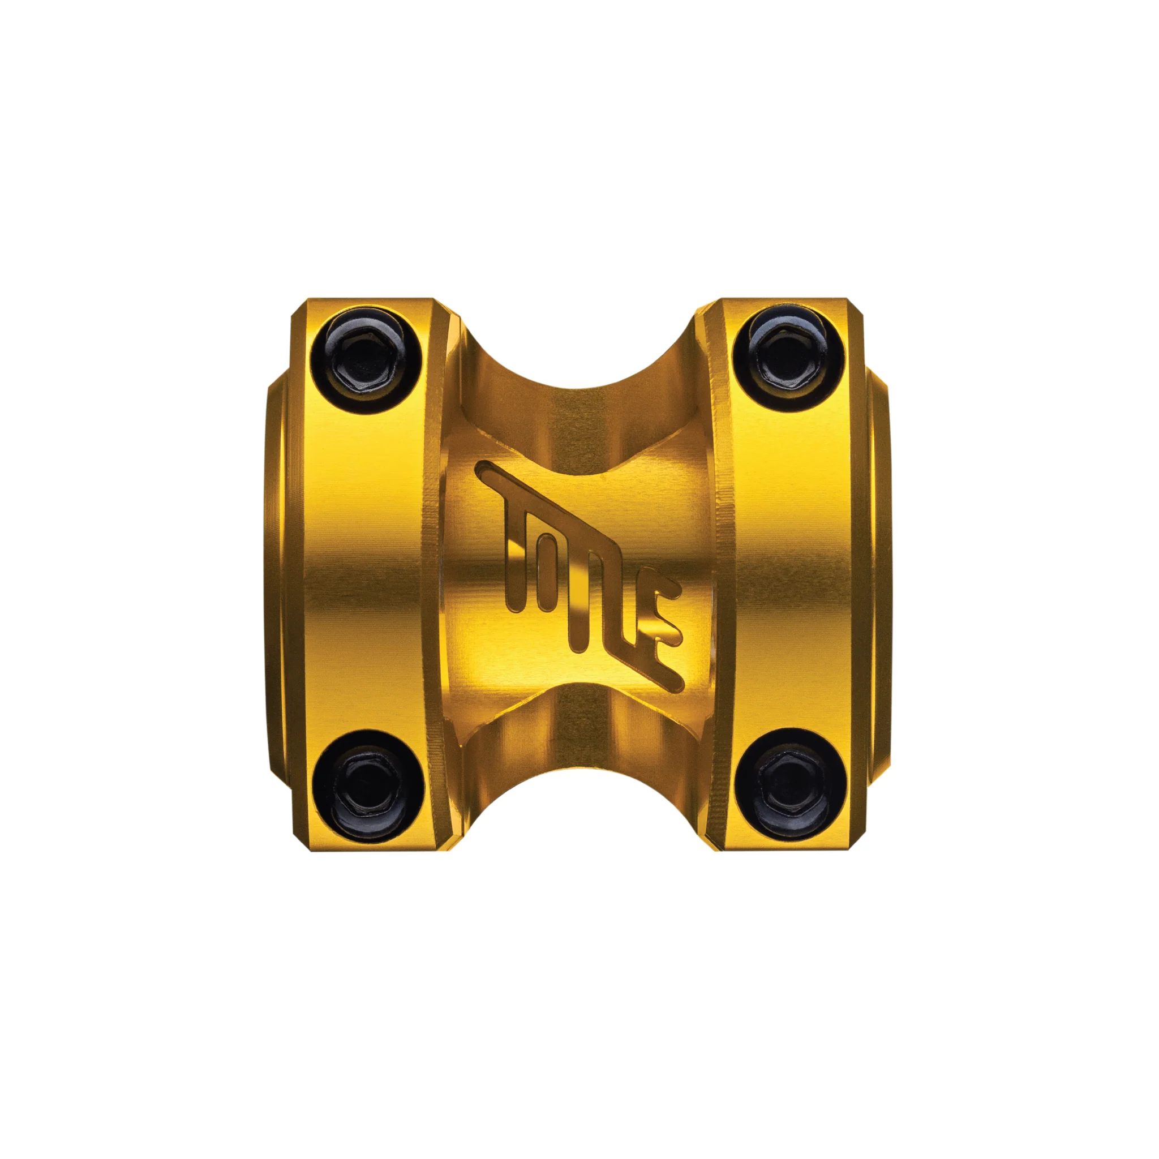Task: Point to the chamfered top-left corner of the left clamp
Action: tap(298, 307)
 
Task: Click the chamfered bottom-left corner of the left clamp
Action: tap(298, 841)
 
